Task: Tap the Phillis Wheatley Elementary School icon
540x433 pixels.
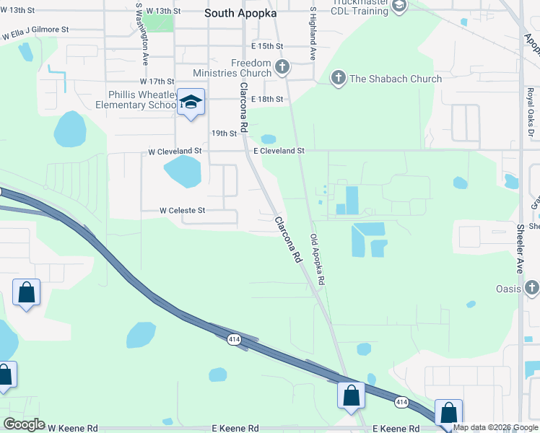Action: (191, 102)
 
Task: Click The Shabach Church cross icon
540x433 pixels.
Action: (337, 79)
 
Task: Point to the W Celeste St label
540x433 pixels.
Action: (183, 211)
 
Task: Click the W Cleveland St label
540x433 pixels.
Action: (175, 152)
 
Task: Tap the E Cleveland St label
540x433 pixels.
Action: (279, 151)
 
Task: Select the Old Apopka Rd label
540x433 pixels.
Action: (318, 258)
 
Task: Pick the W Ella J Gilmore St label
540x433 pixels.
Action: (35, 32)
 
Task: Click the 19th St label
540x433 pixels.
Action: (225, 134)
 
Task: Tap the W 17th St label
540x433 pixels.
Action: (158, 82)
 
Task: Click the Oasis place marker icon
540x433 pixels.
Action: (531, 289)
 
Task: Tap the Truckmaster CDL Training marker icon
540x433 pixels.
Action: (399, 6)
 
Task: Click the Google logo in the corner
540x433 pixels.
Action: (24, 424)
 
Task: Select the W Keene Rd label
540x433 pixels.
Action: (71, 428)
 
